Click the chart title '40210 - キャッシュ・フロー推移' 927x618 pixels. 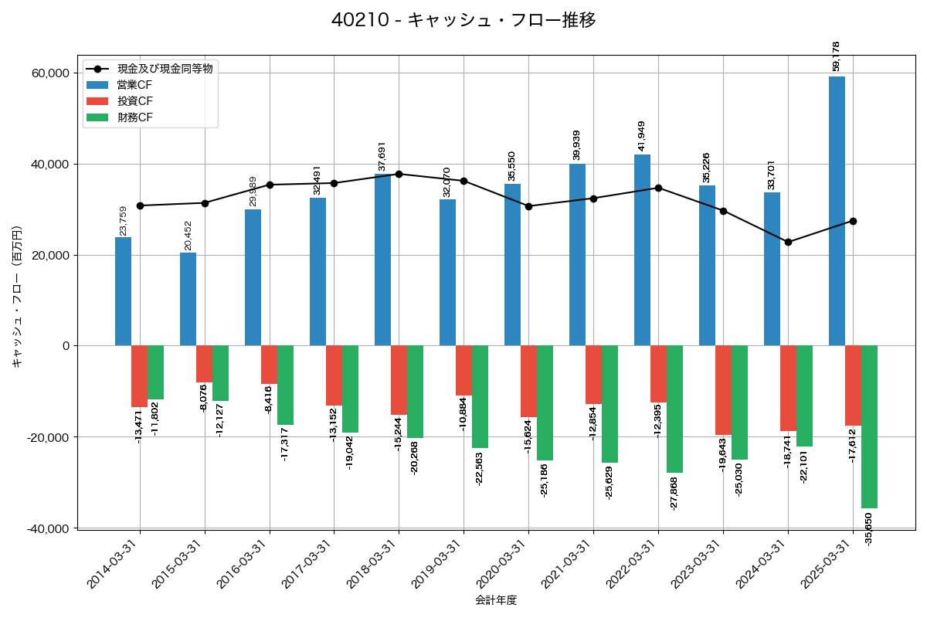[463, 20]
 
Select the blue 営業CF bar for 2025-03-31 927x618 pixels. [837, 211]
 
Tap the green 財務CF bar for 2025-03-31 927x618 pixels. [870, 426]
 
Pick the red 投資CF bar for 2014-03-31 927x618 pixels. [139, 376]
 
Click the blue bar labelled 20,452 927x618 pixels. [188, 299]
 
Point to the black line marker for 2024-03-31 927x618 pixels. [788, 242]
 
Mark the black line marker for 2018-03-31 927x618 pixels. [399, 174]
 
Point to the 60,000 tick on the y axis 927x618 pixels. [49, 73]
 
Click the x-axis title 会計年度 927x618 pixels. [496, 600]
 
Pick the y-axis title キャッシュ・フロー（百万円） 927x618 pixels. [17, 296]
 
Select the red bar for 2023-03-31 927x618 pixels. [722, 390]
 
